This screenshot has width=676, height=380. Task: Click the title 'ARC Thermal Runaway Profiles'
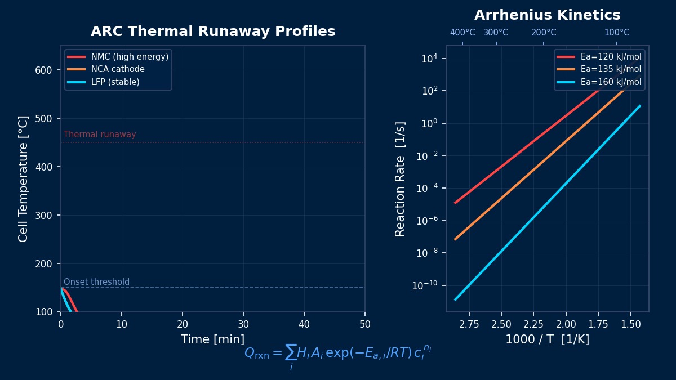pos(213,32)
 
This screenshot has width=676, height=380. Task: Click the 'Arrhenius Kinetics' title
pos(547,16)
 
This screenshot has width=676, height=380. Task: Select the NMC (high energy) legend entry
pos(130,57)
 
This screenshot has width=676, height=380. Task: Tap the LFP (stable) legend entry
pos(115,82)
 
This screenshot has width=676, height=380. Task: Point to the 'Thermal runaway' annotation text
pos(100,135)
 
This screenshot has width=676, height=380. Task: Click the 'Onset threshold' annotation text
pos(96,282)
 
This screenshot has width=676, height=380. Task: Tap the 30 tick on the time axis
pos(243,324)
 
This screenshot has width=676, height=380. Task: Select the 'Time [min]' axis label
pos(212,340)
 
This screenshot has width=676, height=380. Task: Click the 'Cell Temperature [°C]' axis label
pos(24,178)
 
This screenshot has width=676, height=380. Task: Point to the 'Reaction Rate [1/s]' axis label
pos(401,178)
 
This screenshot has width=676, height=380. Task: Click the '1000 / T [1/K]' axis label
pos(547,340)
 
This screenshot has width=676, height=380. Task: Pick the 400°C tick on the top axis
pos(462,33)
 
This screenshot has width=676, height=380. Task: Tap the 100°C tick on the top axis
pos(616,33)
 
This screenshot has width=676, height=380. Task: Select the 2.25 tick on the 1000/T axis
pos(533,324)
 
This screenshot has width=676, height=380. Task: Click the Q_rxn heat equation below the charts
pos(338,354)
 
